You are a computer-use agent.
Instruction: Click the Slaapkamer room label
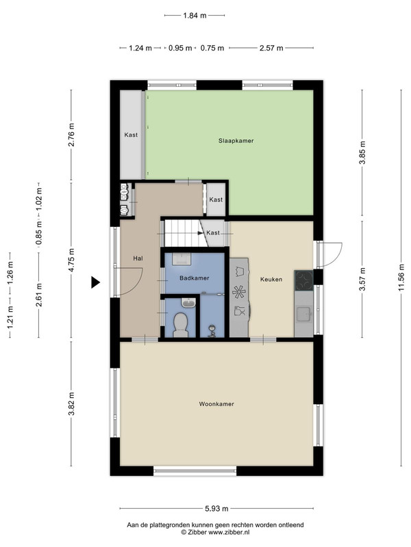pyautogui.click(x=236, y=141)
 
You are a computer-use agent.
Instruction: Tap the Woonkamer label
pyautogui.click(x=216, y=404)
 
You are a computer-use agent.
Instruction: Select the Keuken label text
pyautogui.click(x=271, y=280)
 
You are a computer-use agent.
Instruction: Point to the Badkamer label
pyautogui.click(x=195, y=278)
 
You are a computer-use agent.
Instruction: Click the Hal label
pyautogui.click(x=138, y=258)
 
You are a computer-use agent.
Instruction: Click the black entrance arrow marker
pyautogui.click(x=95, y=282)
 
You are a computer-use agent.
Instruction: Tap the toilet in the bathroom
pyautogui.click(x=180, y=324)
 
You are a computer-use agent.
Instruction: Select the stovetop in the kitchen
pyautogui.click(x=303, y=280)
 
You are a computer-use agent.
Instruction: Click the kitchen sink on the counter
pyautogui.click(x=303, y=314)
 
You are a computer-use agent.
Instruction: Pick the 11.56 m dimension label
pyautogui.click(x=401, y=278)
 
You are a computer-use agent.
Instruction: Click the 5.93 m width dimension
pyautogui.click(x=216, y=509)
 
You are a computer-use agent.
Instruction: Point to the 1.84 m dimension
pyautogui.click(x=195, y=15)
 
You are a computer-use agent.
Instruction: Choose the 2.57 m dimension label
pyautogui.click(x=271, y=48)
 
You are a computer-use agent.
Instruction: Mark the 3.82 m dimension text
pyautogui.click(x=71, y=403)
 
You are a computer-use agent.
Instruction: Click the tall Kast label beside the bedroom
pyautogui.click(x=131, y=135)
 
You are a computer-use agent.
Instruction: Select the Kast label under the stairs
pyautogui.click(x=213, y=232)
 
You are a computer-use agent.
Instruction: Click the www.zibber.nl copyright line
pyautogui.click(x=215, y=532)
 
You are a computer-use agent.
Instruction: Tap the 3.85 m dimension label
pyautogui.click(x=362, y=152)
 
